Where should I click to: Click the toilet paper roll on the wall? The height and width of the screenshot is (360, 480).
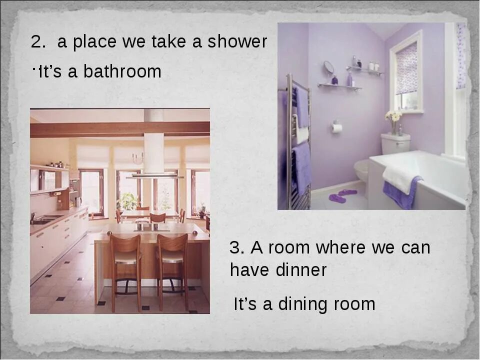(x=337, y=128)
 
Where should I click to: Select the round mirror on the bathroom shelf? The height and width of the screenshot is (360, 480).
(x=328, y=67)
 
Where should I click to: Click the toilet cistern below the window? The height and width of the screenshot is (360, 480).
(x=395, y=143)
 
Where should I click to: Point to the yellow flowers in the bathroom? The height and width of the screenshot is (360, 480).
(x=393, y=116)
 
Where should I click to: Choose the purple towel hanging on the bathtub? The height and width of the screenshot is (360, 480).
(x=403, y=192)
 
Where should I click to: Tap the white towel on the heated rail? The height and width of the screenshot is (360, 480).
(x=301, y=134)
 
